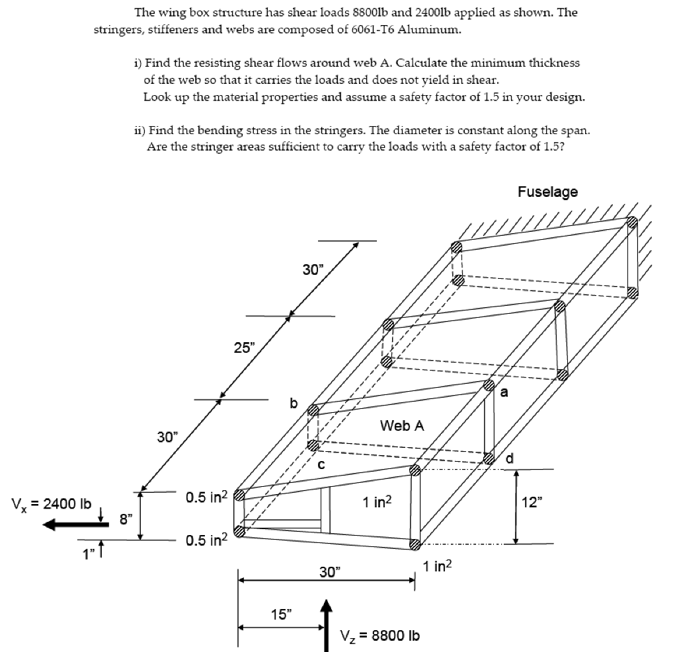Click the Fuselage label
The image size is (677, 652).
pos(547,192)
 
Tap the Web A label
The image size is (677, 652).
pos(402,426)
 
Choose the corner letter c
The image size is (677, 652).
pos(321,464)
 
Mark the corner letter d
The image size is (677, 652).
pos(509,458)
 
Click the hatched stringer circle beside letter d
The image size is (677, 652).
pos(489,458)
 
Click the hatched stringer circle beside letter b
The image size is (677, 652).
pos(313,410)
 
